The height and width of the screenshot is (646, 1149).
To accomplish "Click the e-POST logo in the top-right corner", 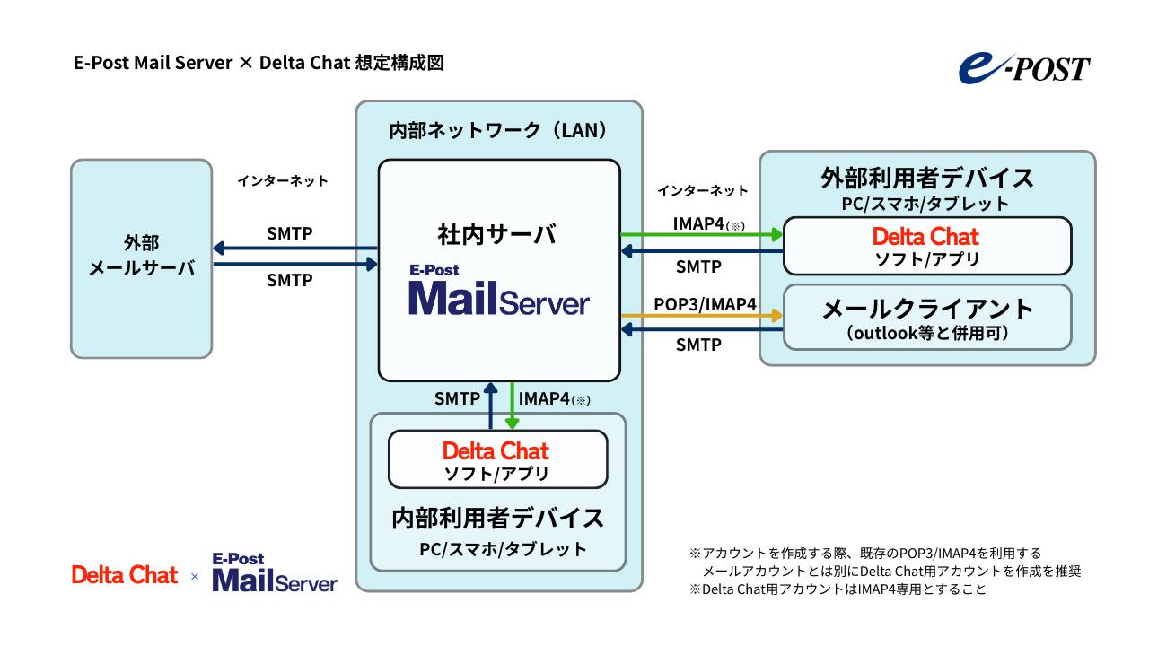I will tap(1023, 68).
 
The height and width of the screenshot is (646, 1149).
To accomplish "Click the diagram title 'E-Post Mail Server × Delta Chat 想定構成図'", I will tap(259, 63).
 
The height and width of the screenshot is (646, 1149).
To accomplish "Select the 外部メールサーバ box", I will tap(142, 258).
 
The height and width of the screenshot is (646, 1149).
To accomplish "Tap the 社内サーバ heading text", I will tap(497, 234).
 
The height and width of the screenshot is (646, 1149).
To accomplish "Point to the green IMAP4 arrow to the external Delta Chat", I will tap(700, 235).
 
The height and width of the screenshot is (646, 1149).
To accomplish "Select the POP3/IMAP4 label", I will tap(705, 304).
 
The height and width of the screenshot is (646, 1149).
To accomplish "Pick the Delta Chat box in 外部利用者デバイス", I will tap(926, 246).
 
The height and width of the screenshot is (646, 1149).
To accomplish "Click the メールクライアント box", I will tap(926, 317).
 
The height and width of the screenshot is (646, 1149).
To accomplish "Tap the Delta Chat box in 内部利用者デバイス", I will tap(496, 459).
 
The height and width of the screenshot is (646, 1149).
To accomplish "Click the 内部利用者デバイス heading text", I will tap(497, 519).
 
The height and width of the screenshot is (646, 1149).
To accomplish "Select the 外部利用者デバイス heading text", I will tap(927, 177).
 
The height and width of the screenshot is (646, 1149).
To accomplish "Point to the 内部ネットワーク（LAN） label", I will tap(499, 130).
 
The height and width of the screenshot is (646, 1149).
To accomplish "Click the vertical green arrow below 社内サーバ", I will tap(513, 406).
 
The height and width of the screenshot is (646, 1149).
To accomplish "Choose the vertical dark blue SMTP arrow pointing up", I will tap(490, 406).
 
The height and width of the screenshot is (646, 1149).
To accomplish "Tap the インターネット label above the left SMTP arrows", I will tap(283, 180).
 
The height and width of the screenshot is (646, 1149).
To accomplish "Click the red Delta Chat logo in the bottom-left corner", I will tap(125, 575).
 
